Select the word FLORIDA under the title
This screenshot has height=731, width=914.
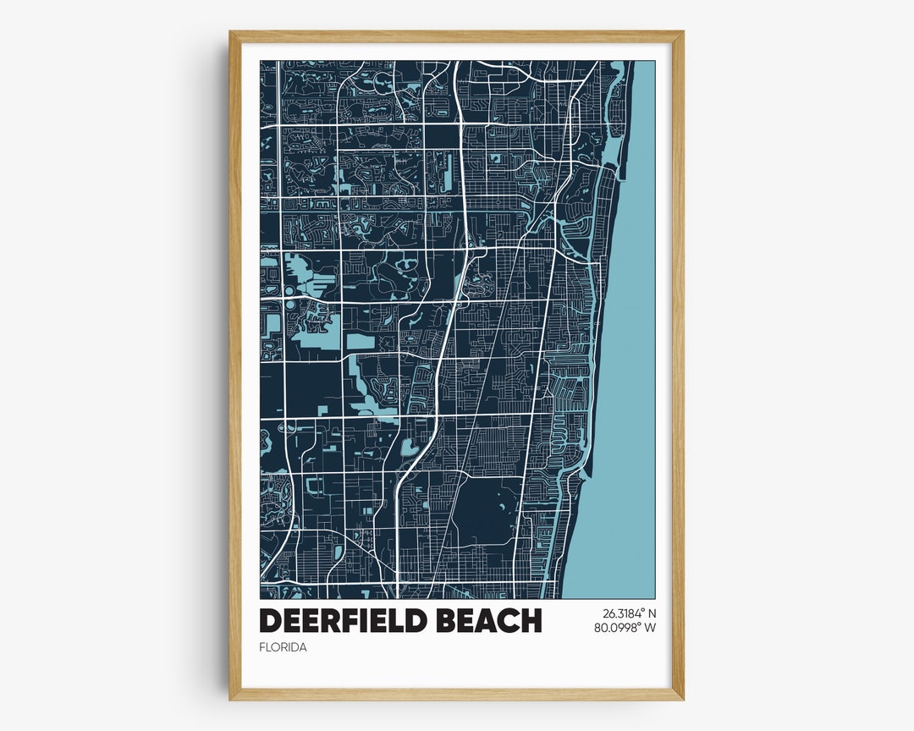pos(283,647)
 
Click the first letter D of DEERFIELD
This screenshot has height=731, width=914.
pos(270,620)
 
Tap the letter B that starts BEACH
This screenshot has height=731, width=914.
pos(445,620)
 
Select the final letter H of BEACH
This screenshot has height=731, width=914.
pos(531,620)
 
